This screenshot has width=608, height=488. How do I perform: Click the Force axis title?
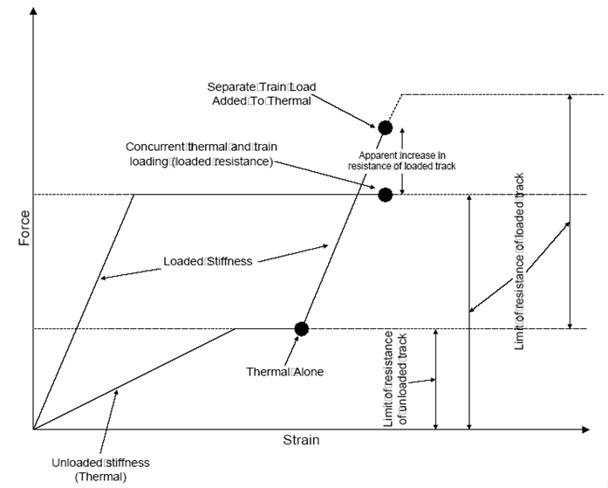pyautogui.click(x=24, y=226)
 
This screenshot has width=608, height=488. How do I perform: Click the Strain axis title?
pyautogui.click(x=300, y=441)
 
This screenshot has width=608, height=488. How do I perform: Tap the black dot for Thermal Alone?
pyautogui.click(x=302, y=329)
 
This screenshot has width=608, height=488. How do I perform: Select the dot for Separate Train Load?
pyautogui.click(x=385, y=127)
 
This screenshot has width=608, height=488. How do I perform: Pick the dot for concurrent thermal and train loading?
pyautogui.click(x=385, y=194)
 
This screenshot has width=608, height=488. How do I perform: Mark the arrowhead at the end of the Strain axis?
pyautogui.click(x=585, y=430)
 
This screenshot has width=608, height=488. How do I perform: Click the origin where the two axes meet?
pyautogui.click(x=34, y=430)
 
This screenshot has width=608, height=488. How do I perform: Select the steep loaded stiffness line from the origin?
pyautogui.click(x=83, y=312)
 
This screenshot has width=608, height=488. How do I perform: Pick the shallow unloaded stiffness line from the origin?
pyautogui.click(x=131, y=380)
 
